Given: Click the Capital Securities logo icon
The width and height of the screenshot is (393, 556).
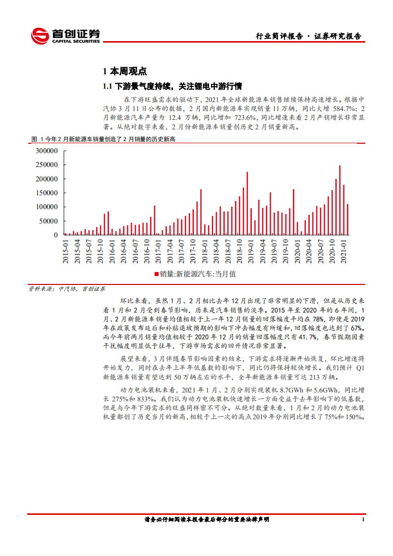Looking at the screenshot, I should [x=40, y=36].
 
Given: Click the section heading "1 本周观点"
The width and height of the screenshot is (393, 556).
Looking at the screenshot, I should [x=124, y=71].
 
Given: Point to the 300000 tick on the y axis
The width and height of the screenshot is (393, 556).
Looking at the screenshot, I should [x=48, y=151].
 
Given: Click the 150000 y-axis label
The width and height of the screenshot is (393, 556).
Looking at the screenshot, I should [x=48, y=193].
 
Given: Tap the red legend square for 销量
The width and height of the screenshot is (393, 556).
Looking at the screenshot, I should [x=156, y=274].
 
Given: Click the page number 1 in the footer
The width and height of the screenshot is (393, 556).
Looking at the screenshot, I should [x=363, y=520].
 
